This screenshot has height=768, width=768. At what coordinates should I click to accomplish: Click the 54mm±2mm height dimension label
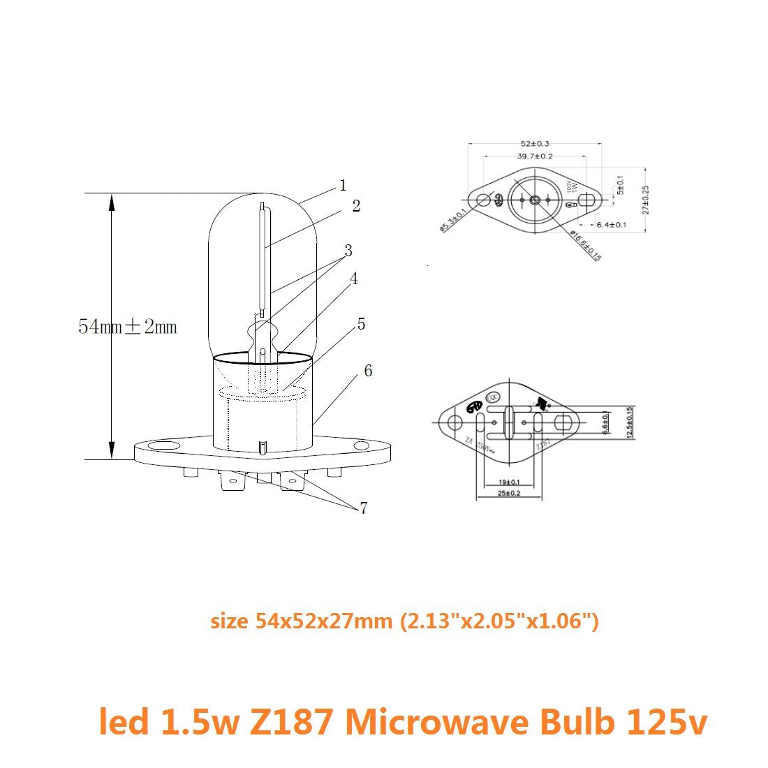click(128, 326)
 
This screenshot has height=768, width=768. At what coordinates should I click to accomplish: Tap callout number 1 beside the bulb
click(343, 185)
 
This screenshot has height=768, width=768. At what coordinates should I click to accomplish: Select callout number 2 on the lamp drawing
click(356, 206)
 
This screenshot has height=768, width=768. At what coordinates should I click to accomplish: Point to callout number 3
click(348, 250)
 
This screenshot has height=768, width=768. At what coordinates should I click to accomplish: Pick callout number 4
click(354, 279)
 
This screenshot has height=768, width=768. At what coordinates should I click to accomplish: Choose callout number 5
click(361, 324)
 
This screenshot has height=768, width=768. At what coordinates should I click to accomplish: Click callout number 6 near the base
click(368, 370)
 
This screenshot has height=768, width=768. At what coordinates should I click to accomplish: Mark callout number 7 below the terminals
click(363, 508)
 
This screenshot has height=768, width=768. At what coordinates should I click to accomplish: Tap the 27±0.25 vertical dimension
click(646, 199)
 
